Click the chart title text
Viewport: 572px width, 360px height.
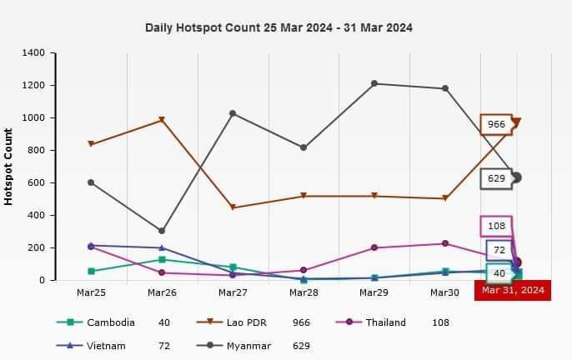pyautogui.click(x=278, y=27)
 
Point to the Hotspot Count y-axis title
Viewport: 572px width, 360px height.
pyautogui.click(x=8, y=167)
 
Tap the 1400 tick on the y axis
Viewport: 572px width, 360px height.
pyautogui.click(x=33, y=53)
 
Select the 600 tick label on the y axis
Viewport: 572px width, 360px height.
pyautogui.click(x=36, y=183)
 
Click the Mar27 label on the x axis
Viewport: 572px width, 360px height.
pyautogui.click(x=233, y=293)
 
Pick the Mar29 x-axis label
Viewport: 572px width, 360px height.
pyautogui.click(x=374, y=293)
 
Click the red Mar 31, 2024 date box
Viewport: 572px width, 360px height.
pyautogui.click(x=513, y=290)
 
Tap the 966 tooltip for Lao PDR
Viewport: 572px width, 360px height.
pyautogui.click(x=496, y=125)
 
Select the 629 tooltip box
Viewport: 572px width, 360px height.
pyautogui.click(x=496, y=178)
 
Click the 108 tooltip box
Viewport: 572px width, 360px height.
pyautogui.click(x=496, y=226)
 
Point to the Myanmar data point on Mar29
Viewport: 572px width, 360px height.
pyautogui.click(x=374, y=83)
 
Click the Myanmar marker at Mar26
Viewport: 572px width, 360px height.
pyautogui.click(x=162, y=231)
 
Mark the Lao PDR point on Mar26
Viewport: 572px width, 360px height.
pyautogui.click(x=162, y=120)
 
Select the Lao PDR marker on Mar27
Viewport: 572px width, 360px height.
pyautogui.click(x=233, y=207)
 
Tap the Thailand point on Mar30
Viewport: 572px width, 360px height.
pyautogui.click(x=445, y=243)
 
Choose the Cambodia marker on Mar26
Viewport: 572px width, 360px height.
pyautogui.click(x=162, y=259)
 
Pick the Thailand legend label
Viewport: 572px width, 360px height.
pyautogui.click(x=385, y=322)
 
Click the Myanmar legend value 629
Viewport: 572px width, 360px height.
pyautogui.click(x=302, y=346)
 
